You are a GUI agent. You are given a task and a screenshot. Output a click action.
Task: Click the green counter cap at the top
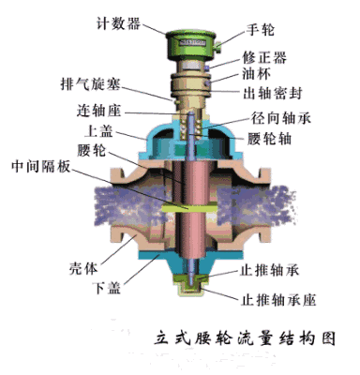point(184,38)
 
